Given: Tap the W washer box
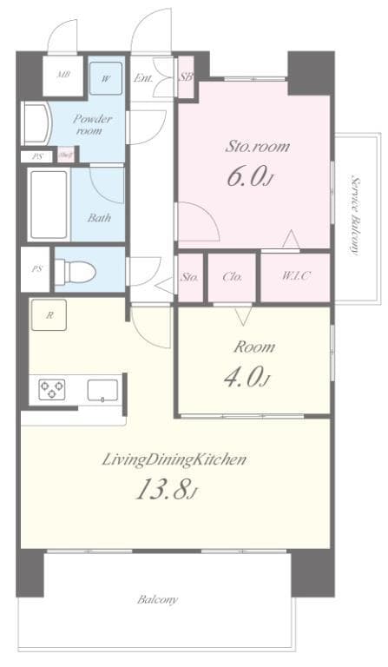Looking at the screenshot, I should [106, 77].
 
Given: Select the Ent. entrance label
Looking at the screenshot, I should [145, 78].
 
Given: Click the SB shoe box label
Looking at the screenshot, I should [186, 77].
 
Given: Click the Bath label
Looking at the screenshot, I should [98, 218].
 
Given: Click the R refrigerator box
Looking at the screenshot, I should [49, 316].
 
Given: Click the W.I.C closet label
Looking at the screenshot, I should [295, 277].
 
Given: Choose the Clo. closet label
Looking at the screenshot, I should [232, 277].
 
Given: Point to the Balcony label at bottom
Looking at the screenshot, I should [157, 599].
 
